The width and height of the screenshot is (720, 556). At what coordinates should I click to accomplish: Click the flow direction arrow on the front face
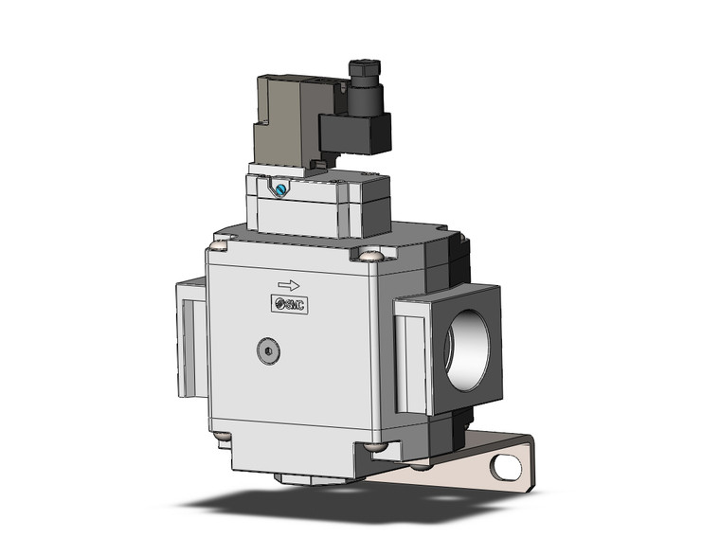point(288,284)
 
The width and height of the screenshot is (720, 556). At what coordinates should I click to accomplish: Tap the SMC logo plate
point(290,303)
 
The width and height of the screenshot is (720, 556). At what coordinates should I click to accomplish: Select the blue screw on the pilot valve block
point(280,189)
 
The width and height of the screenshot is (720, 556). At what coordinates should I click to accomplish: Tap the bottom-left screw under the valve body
point(221,438)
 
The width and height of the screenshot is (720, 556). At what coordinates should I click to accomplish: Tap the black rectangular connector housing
point(355,132)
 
